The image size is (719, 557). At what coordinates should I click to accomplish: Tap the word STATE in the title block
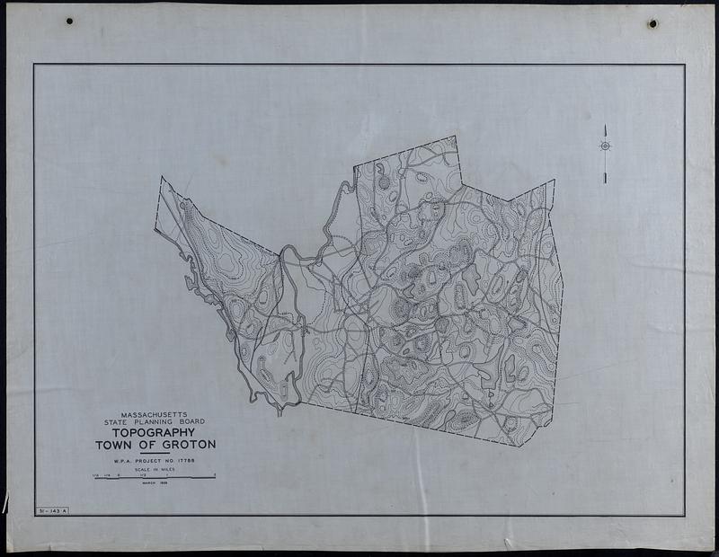[120, 421]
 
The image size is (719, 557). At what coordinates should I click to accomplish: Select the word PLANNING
[154, 421]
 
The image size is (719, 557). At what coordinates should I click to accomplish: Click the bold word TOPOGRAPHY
[155, 432]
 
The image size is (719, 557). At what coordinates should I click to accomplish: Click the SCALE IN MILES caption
[155, 469]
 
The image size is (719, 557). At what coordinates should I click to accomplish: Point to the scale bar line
[155, 478]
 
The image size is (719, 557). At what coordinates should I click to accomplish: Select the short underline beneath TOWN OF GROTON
[155, 453]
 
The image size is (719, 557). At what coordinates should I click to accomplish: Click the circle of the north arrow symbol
[605, 146]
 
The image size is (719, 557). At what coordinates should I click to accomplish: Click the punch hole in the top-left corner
[69, 21]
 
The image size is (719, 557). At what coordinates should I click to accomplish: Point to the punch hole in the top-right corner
[652, 23]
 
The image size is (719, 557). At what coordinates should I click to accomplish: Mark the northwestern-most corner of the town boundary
[162, 177]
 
